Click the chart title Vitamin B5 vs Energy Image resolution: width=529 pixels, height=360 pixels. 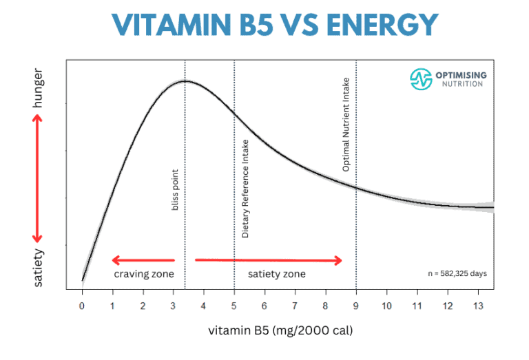(264, 25)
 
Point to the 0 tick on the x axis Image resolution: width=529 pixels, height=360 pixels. (82, 305)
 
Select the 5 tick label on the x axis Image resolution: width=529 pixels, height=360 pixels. (234, 305)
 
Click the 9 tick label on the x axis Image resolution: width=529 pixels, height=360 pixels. (356, 305)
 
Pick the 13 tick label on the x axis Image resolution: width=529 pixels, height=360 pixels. (478, 305)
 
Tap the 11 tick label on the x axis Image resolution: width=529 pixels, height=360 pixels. (417, 305)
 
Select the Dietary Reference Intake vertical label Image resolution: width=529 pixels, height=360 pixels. (245, 188)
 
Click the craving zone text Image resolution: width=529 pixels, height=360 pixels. (143, 274)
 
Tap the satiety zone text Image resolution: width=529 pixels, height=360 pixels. (276, 274)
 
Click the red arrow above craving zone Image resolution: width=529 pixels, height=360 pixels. (143, 260)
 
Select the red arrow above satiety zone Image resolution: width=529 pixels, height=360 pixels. (269, 260)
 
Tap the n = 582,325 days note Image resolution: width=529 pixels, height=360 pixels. (457, 273)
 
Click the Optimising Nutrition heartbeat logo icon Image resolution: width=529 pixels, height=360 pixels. (420, 79)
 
